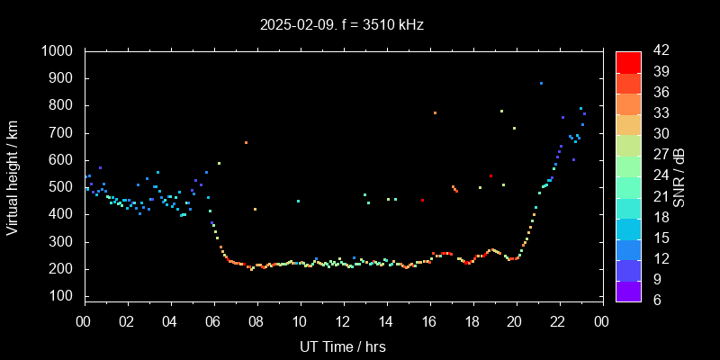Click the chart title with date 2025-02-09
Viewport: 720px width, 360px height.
(x=342, y=24)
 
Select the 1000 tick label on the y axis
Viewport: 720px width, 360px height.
(x=58, y=51)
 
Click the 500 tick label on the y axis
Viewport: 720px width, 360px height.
(x=63, y=187)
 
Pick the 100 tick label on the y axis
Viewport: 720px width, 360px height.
(x=63, y=296)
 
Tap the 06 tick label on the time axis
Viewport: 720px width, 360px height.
(x=213, y=322)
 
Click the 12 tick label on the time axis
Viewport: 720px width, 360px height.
(x=343, y=322)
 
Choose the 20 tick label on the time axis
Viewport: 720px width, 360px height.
(x=516, y=322)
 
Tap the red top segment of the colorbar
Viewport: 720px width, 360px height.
(x=628, y=61)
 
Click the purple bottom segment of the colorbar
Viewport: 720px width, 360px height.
(x=628, y=290)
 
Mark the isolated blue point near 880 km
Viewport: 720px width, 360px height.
(x=541, y=83)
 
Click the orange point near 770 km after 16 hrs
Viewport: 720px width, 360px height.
(x=435, y=112)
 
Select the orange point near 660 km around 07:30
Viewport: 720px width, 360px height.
(x=246, y=142)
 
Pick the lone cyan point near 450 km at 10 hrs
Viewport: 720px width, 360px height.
(x=298, y=201)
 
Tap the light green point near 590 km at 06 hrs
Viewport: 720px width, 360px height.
(x=219, y=163)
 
